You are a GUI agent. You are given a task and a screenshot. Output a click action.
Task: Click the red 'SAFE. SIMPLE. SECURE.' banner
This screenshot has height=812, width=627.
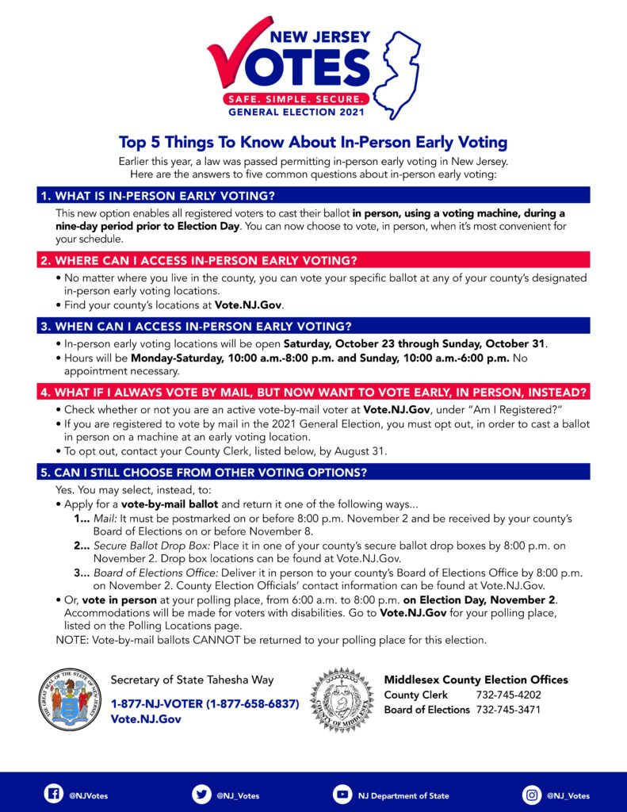click(296, 100)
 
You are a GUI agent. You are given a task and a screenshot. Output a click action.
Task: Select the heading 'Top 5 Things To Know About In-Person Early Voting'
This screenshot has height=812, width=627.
click(313, 143)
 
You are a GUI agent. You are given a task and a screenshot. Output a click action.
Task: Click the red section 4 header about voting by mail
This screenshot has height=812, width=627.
click(313, 392)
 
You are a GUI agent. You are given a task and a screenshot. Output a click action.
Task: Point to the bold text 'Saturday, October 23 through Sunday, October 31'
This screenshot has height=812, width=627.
click(415, 344)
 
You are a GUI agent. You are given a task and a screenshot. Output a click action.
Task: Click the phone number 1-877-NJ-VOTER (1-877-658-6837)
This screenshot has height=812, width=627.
click(205, 703)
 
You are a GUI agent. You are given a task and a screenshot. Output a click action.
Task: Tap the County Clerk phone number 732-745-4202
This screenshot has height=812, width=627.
click(508, 695)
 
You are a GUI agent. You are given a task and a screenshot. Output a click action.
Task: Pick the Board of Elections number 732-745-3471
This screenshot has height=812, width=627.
click(508, 710)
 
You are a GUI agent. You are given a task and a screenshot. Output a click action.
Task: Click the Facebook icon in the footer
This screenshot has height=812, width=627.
click(54, 795)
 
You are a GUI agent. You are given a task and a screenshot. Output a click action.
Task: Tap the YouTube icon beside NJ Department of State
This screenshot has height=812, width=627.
click(342, 795)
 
